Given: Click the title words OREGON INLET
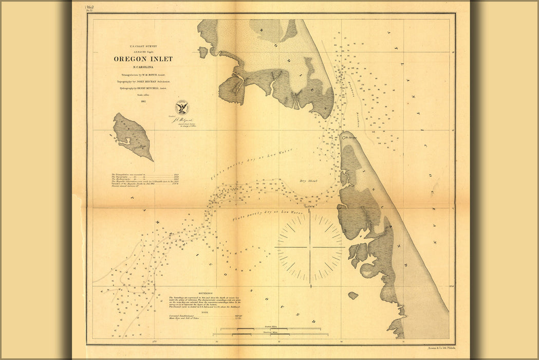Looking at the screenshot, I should point(143,59).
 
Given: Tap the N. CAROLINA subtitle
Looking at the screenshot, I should point(143,67).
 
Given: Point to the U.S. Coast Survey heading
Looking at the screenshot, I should point(143,46).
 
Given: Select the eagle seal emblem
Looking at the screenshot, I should point(181,107).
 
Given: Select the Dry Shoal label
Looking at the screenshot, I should point(310,181).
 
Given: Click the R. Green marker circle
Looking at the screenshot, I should point(343,138).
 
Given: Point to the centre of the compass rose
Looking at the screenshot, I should point(310,247).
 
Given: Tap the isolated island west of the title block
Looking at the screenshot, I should point(133,136).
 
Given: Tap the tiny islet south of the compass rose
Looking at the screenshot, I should point(352,296).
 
